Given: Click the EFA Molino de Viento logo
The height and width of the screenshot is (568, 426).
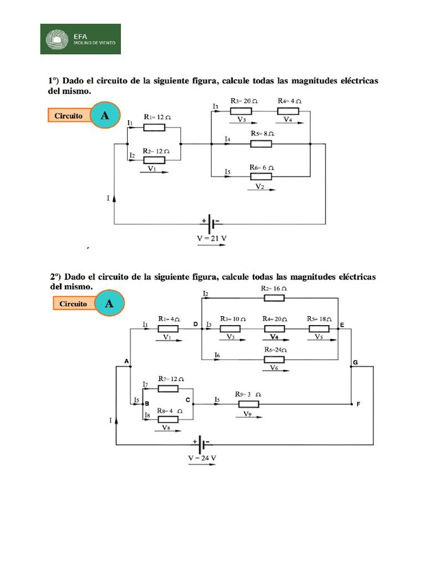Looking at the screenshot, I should [x=80, y=39].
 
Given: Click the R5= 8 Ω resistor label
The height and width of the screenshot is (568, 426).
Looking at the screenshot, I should [x=262, y=134].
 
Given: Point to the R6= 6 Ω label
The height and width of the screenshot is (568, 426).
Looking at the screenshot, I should [x=262, y=167].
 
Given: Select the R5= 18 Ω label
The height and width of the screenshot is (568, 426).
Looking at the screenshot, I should [x=319, y=319].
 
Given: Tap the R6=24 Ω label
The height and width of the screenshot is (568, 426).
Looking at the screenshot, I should [x=275, y=350].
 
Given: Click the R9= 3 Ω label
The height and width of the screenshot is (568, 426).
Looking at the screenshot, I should [x=247, y=394].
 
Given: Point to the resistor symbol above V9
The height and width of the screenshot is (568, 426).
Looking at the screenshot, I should [x=248, y=404].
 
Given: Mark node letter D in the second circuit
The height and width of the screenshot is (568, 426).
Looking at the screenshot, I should [x=195, y=323].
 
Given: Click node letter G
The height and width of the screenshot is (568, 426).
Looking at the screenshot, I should [x=355, y=362].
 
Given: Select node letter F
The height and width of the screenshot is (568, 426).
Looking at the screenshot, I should [x=358, y=405].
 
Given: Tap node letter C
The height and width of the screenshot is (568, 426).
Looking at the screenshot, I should [x=187, y=399].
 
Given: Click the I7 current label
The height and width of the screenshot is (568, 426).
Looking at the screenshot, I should [x=145, y=384].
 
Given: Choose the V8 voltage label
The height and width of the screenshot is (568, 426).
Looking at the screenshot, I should [x=166, y=428].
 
